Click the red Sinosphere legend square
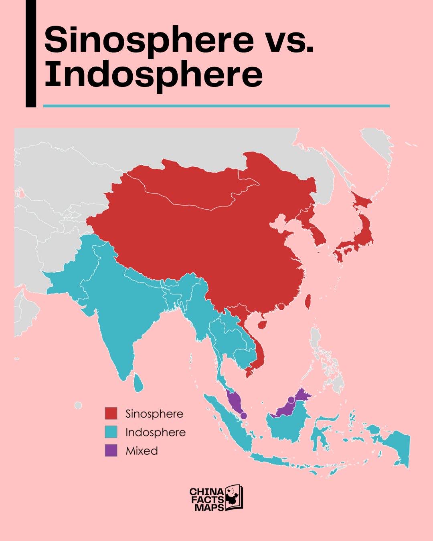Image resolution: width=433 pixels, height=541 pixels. [x=111, y=414]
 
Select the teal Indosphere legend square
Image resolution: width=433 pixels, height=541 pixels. [x=111, y=432]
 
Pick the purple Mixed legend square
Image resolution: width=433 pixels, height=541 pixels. [x=111, y=450]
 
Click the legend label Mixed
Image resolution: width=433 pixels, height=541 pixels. [x=142, y=451]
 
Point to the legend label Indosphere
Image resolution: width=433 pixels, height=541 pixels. [x=155, y=432]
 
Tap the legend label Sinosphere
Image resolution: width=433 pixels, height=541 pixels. [x=154, y=414]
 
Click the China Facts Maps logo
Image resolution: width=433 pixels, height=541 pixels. [x=216, y=499]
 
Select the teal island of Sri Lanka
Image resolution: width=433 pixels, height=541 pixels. [x=138, y=383]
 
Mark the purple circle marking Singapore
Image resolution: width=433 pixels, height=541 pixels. [x=244, y=416]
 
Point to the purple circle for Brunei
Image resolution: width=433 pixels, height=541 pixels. [x=291, y=400]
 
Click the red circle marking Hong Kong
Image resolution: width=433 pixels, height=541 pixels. [x=281, y=307]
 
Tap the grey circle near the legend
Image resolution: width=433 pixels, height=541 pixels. [x=78, y=406]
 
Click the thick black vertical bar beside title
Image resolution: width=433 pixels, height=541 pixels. [x=31, y=54]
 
